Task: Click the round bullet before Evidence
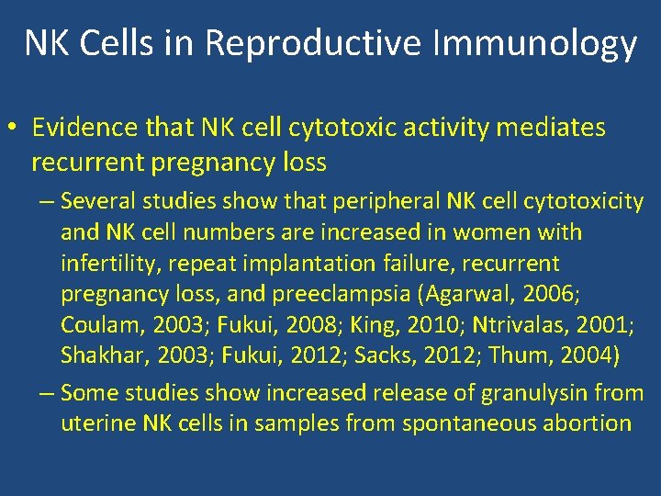(x=15, y=129)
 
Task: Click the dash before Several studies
(x=47, y=201)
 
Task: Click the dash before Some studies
(x=47, y=393)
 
